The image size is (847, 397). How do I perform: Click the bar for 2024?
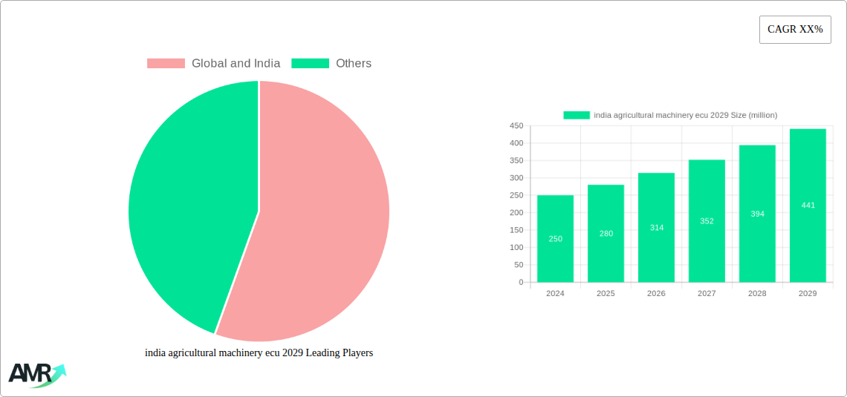tap(555, 238)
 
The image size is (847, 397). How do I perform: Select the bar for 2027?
tap(707, 220)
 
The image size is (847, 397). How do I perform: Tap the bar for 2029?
tap(808, 205)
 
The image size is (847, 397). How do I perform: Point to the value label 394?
tap(757, 214)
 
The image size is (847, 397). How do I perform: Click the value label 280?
tap(606, 234)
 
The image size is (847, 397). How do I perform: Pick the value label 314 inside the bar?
tap(657, 228)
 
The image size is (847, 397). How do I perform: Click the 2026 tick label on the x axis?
tap(656, 294)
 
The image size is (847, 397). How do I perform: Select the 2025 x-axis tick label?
tap(606, 294)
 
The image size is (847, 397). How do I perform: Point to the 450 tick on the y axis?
tap(516, 126)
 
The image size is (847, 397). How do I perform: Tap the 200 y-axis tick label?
tap(516, 213)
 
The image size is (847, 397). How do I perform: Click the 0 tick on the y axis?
tap(521, 283)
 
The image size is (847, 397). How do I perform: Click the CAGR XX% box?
tap(795, 30)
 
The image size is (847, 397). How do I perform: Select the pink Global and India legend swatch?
tap(166, 64)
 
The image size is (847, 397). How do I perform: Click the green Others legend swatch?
tap(310, 64)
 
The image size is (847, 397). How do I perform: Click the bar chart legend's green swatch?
tap(576, 115)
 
